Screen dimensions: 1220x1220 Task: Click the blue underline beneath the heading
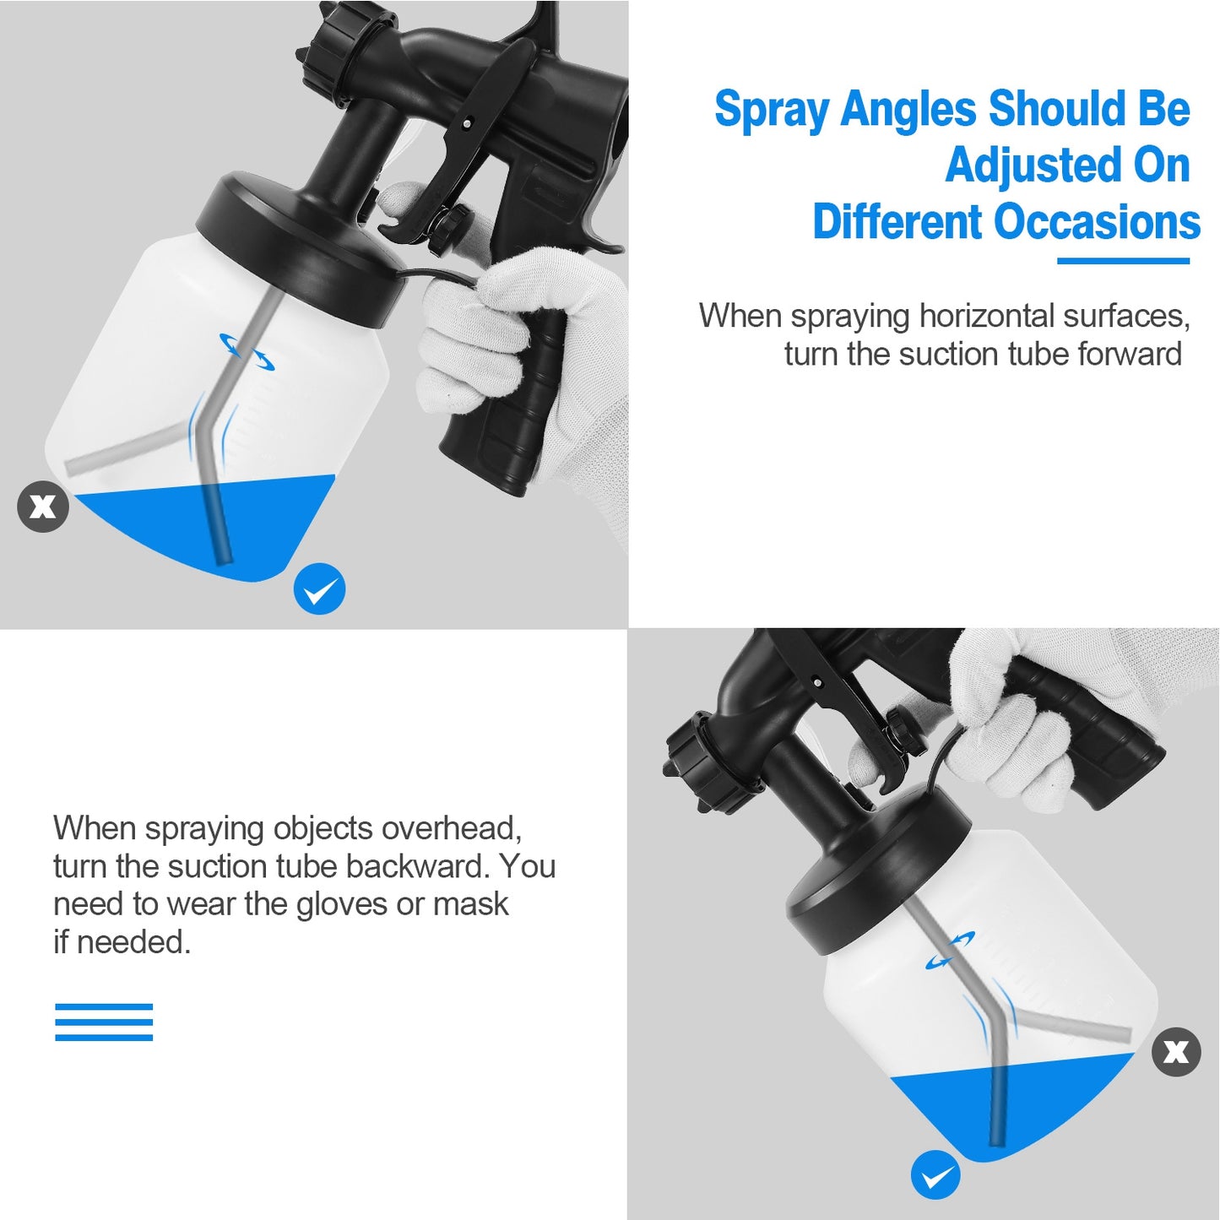[x=1123, y=261]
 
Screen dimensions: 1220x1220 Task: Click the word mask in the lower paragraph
[x=470, y=904]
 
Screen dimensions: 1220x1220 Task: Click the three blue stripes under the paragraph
[x=104, y=1022]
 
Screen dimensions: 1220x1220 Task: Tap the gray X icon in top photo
[x=43, y=507]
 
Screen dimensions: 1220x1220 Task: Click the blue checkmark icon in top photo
[x=320, y=588]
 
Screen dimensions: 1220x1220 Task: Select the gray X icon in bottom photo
[x=1176, y=1052]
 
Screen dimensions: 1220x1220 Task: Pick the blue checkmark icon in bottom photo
[x=935, y=1174]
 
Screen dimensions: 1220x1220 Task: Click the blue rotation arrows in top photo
[x=247, y=351]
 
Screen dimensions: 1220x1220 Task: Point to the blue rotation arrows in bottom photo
[x=951, y=950]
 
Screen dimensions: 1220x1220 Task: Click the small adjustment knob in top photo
[x=447, y=226]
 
